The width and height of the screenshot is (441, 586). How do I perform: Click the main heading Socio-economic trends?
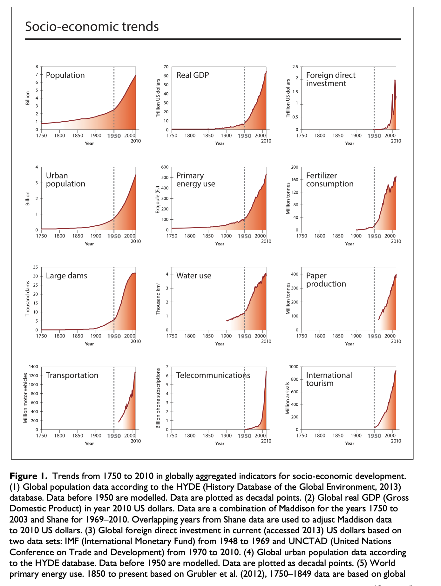pos(92,27)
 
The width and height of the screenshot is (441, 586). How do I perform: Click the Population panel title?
pos(65,75)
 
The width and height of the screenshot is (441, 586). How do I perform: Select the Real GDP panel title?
pos(193,75)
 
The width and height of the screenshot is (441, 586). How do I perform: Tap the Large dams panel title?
pos(66,276)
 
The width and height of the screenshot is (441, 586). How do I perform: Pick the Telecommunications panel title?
pos(213,375)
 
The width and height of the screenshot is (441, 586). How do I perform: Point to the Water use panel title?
pos(194,276)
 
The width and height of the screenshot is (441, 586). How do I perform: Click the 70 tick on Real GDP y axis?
pos(166,67)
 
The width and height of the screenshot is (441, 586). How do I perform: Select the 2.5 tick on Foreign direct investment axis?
pos(295,67)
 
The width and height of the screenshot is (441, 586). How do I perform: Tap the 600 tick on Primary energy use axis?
pos(165,167)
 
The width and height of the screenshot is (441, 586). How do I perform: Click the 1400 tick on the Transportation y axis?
pos(33,367)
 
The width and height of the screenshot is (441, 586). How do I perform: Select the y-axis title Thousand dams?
pos(28,298)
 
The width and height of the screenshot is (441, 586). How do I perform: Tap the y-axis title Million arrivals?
pos(288,398)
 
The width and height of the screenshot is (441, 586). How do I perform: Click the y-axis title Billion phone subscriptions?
pos(158,398)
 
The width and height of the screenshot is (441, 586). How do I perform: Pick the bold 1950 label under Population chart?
pos(114,136)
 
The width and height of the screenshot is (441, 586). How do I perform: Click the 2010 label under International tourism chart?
pos(396,441)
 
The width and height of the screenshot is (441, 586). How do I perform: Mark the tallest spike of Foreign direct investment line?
pos(395,80)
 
